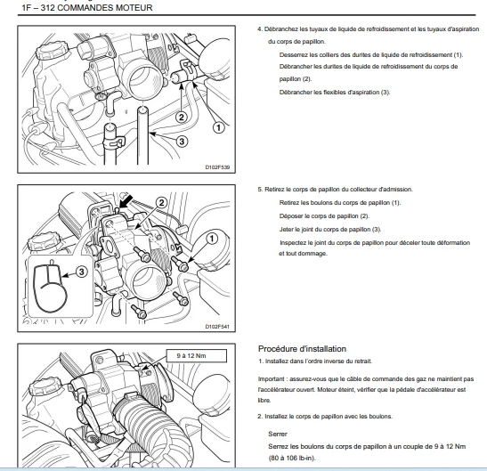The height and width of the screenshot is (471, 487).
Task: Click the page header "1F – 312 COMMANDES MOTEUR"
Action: coord(87,8)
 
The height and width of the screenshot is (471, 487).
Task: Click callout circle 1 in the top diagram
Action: coord(219,127)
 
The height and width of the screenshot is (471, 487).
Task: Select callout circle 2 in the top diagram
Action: coord(182,118)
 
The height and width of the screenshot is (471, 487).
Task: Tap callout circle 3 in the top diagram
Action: coord(182,142)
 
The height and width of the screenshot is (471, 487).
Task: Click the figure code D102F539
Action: coord(217,167)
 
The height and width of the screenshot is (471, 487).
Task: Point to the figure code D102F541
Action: coord(217,327)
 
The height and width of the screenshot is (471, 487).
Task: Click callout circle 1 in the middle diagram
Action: coord(212,239)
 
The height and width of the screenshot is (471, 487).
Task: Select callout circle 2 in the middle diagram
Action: coord(161,203)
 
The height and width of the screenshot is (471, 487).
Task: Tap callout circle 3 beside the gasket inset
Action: coord(81,272)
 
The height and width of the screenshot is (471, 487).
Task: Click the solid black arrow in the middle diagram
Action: coord(126,201)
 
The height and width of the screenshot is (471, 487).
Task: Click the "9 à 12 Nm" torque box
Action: coord(196,356)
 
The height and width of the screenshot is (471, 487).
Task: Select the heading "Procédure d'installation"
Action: coord(302,349)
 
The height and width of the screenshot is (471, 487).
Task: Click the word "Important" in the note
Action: coord(272,379)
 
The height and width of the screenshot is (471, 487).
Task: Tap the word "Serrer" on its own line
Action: coord(278,434)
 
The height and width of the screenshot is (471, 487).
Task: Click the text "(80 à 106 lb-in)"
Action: coord(292,458)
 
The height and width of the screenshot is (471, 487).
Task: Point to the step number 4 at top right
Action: coord(260,29)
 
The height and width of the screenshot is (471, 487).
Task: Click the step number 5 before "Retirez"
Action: coord(260,190)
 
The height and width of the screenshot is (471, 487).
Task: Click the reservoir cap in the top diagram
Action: coord(52,51)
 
